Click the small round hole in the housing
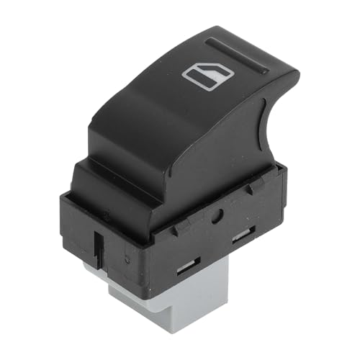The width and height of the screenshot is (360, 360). [x=216, y=215]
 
